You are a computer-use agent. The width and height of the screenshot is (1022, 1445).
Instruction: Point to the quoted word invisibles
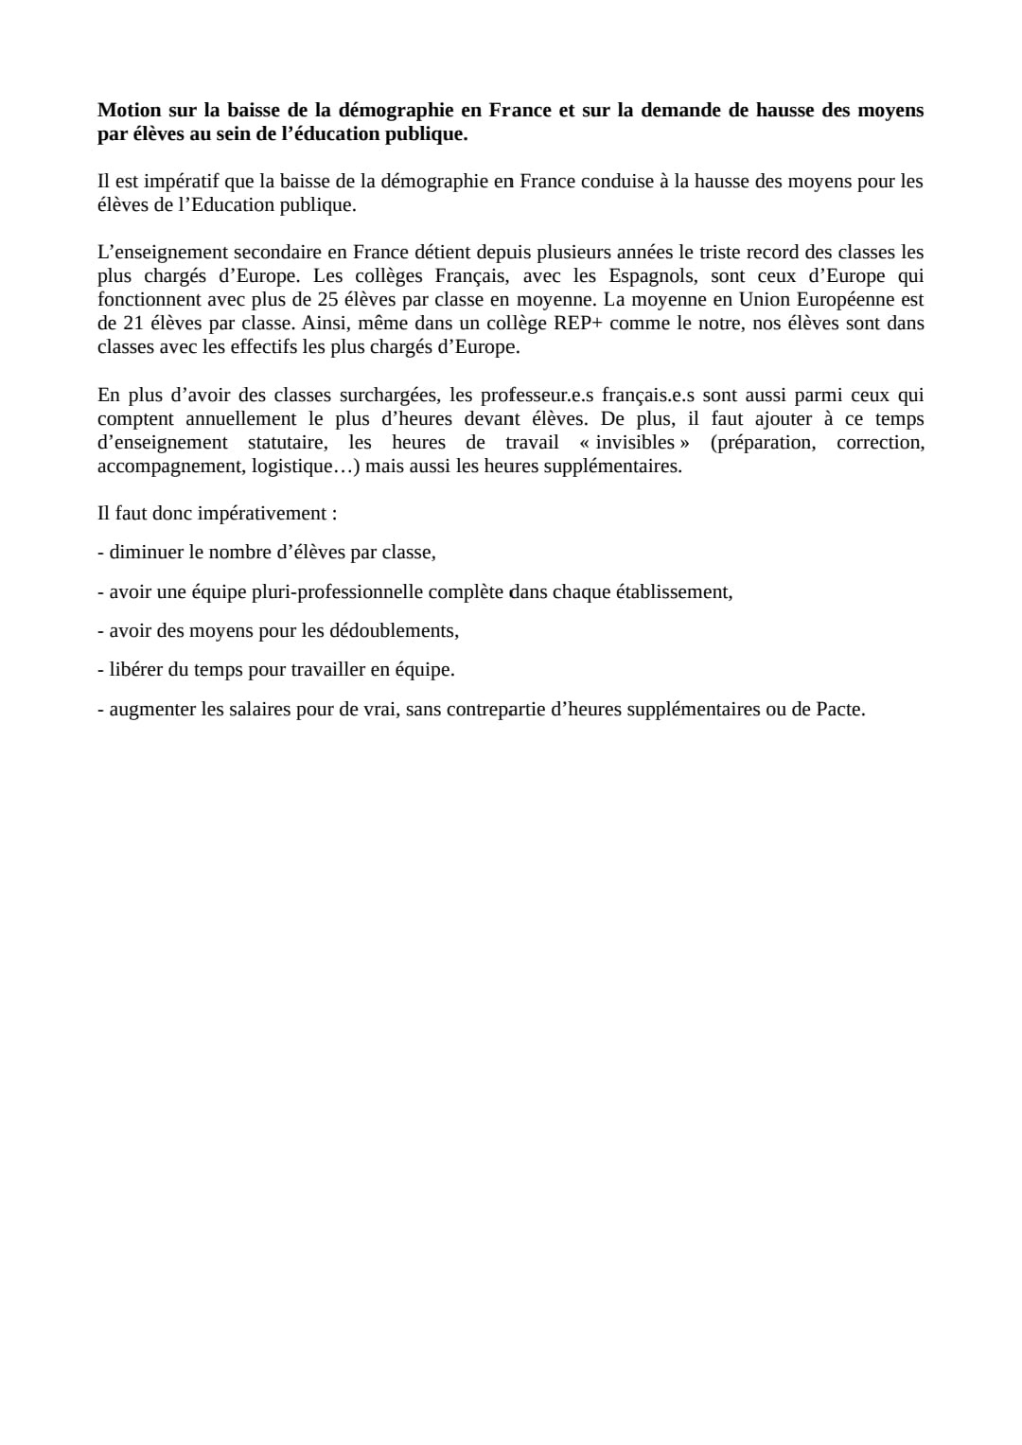click(634, 443)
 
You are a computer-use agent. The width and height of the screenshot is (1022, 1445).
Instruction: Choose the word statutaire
click(287, 443)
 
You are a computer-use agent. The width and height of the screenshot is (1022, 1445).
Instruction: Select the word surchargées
click(387, 396)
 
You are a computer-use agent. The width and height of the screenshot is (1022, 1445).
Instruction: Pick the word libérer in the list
click(135, 669)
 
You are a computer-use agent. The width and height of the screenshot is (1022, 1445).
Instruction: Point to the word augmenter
click(151, 709)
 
